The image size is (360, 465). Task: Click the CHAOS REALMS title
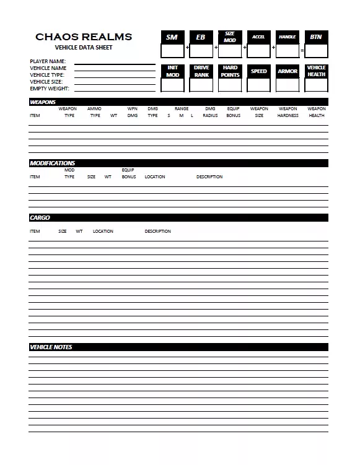(84, 37)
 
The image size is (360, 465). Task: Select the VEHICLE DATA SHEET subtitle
(84, 47)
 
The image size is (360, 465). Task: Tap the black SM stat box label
(172, 37)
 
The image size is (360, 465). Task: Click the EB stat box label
(201, 37)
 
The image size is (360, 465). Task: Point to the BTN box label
(316, 37)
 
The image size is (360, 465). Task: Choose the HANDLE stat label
(288, 37)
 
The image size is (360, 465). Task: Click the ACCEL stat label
(258, 37)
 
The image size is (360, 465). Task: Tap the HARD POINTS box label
(230, 71)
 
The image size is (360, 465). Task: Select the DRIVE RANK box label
(201, 71)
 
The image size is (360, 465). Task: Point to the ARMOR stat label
(288, 71)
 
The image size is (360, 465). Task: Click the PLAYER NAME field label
(48, 61)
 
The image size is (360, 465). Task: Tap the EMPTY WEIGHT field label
(49, 89)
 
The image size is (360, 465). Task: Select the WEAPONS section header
(43, 102)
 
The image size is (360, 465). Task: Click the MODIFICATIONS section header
(53, 163)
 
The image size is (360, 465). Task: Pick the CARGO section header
(40, 218)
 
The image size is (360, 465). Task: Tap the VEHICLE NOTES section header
(51, 347)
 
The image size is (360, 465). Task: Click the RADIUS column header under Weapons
(210, 116)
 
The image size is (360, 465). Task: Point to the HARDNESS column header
(288, 116)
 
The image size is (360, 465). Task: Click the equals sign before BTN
(302, 49)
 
